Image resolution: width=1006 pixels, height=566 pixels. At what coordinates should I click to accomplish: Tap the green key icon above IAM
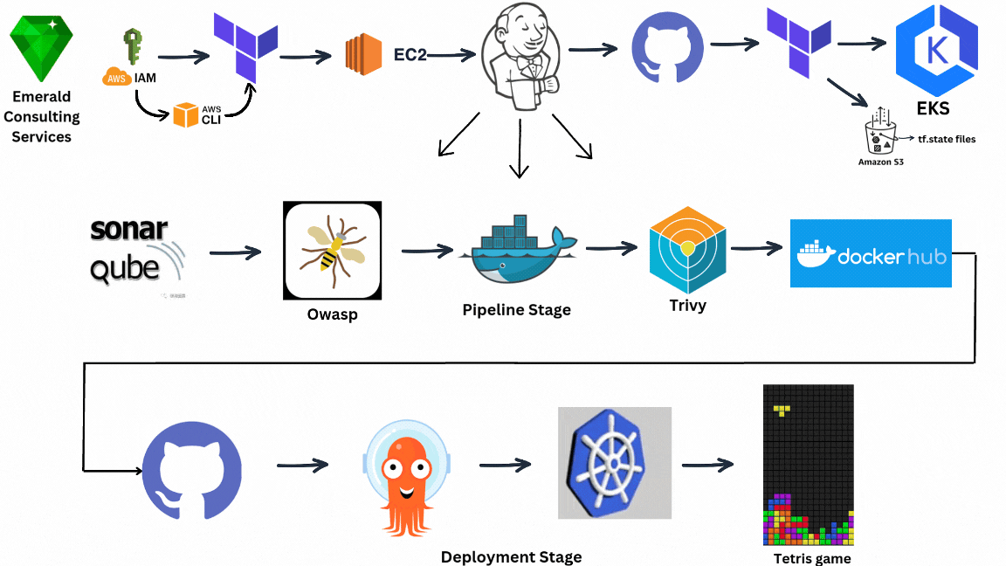[x=133, y=47]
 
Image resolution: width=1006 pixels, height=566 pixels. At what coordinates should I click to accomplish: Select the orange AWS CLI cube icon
[x=185, y=114]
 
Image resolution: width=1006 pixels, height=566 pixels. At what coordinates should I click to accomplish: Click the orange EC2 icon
[x=363, y=56]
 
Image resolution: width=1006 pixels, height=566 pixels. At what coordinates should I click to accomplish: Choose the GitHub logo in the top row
[x=667, y=49]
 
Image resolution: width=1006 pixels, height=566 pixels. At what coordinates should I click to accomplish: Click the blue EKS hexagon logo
[x=937, y=50]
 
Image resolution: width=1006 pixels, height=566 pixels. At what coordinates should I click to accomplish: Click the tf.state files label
[x=947, y=138]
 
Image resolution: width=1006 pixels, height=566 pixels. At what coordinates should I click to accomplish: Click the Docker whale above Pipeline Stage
[x=519, y=250]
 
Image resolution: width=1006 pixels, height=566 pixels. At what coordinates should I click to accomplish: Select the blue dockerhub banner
[x=870, y=253]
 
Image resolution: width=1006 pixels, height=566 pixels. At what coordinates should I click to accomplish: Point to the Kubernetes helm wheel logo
[x=614, y=462]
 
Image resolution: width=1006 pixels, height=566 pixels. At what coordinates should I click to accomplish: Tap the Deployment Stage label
[x=511, y=556]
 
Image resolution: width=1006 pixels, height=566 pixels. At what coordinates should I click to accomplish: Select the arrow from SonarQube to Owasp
[x=235, y=253]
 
